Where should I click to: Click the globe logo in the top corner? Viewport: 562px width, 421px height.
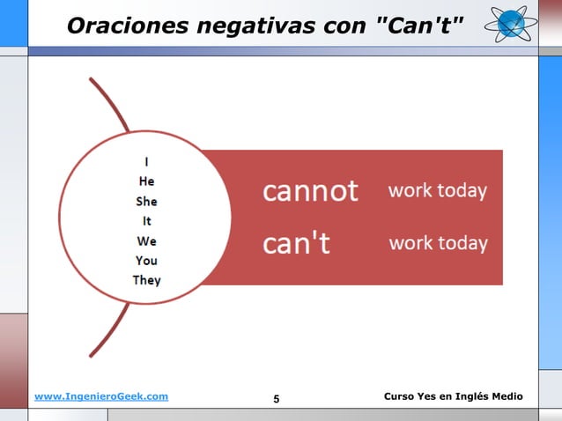pos(510,23)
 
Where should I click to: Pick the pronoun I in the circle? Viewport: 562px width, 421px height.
pos(146,161)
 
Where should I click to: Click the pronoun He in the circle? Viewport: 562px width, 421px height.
pos(146,181)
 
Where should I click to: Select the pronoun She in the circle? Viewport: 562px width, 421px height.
pos(146,201)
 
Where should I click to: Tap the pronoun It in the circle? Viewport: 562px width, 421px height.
pos(146,220)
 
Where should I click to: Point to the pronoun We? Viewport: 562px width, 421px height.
pos(146,240)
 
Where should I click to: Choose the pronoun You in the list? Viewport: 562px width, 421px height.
pos(146,260)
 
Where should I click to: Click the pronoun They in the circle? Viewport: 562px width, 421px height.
pos(146,280)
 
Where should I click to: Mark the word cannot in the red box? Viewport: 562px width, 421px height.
pos(310,191)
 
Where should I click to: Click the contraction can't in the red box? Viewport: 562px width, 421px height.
pos(296,243)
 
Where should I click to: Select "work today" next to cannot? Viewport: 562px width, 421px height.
pos(438,190)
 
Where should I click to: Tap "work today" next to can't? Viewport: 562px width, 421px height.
pos(438,242)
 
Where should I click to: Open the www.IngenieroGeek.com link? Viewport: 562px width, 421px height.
pos(101,397)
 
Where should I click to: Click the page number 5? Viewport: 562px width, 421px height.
pos(277,400)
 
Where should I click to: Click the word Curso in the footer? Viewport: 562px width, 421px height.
pos(402,397)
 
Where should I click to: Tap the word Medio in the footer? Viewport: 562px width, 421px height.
pos(507,397)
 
